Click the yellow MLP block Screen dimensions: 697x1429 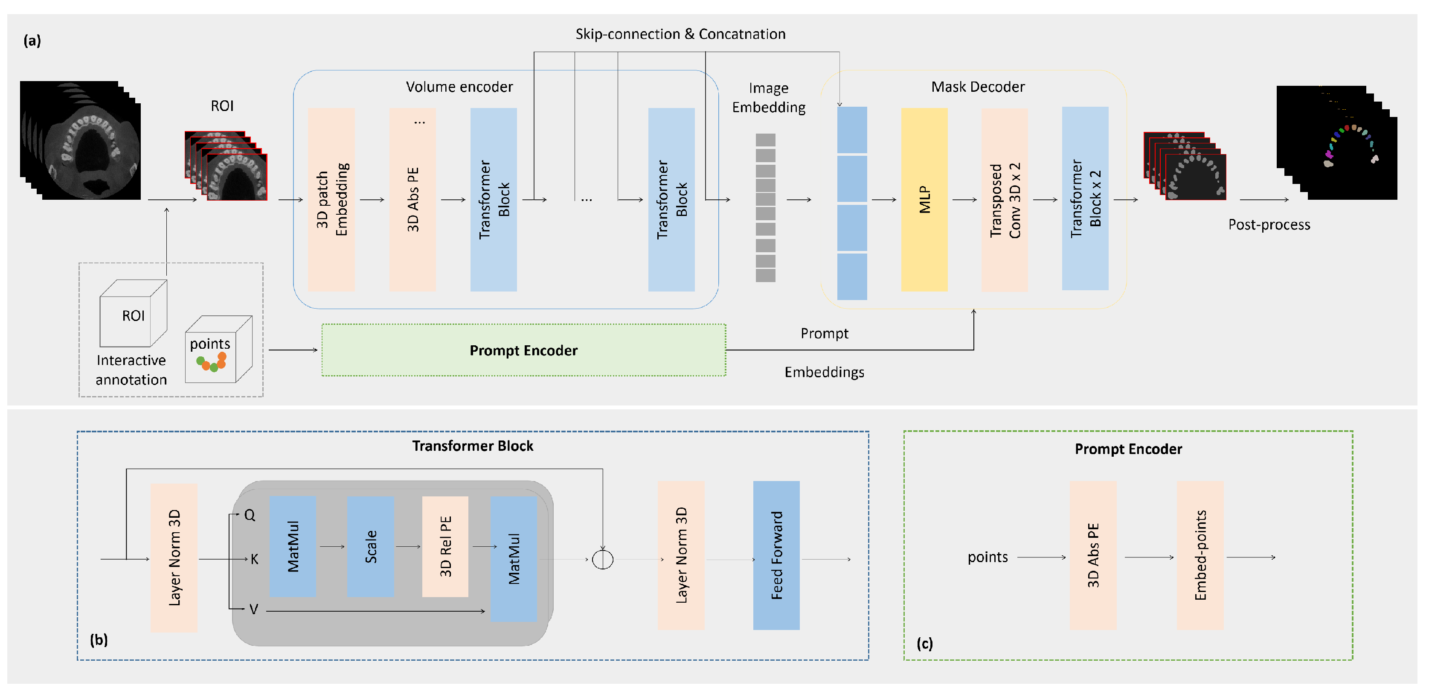pos(924,200)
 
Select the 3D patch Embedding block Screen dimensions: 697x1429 pos(331,200)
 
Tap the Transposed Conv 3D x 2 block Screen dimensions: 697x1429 pos(1005,200)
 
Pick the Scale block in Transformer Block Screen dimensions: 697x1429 pos(371,547)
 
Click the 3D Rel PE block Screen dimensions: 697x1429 pos(445,547)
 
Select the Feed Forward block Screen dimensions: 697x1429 pos(776,555)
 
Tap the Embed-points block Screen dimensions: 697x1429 pos(1200,555)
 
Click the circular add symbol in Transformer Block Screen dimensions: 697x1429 pos(602,560)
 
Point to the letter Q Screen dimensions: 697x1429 pos(250,516)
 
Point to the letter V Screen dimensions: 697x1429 pos(253,610)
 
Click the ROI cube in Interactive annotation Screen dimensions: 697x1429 pos(133,315)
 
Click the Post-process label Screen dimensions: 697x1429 pos(1269,225)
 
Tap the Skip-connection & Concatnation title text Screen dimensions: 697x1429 pos(680,35)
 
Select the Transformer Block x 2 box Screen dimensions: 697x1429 pos(1085,198)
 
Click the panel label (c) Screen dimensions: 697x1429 pos(924,644)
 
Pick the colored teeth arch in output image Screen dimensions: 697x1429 pos(1351,144)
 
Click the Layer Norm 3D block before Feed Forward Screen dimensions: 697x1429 pos(681,555)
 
